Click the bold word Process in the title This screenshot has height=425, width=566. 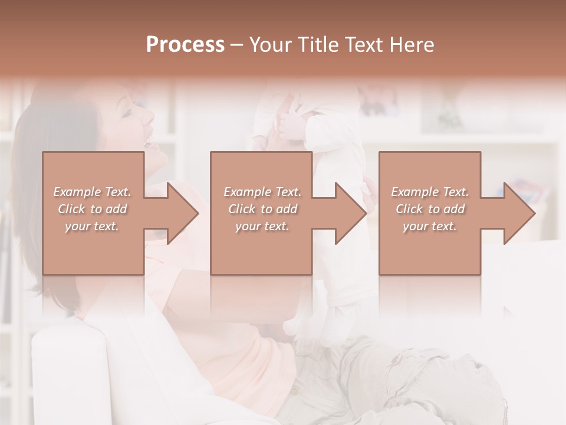click(x=185, y=45)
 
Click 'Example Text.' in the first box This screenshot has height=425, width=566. click(x=92, y=192)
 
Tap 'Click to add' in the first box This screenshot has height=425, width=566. click(x=92, y=209)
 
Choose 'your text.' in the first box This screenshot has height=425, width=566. click(x=92, y=226)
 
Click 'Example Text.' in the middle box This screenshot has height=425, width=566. click(x=262, y=192)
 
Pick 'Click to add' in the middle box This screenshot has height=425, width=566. click(x=262, y=209)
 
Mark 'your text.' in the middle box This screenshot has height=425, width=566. click(x=262, y=226)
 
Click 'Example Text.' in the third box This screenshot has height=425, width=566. click(x=430, y=192)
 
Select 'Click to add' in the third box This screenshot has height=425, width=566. click(x=430, y=209)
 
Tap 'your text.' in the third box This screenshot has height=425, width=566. click(x=430, y=226)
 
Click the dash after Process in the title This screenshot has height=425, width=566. click(x=237, y=45)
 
